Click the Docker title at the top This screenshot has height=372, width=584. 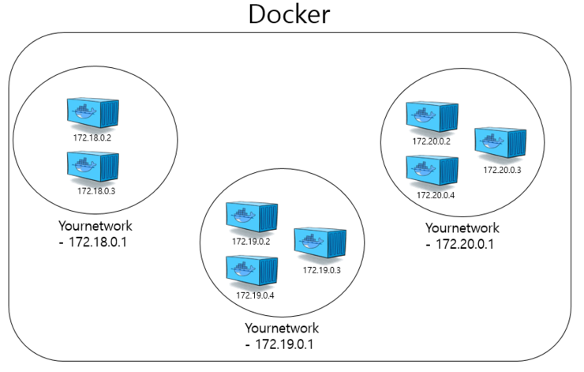tap(289, 15)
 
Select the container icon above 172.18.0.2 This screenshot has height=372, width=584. tap(92, 114)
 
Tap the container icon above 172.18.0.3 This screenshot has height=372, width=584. tap(92, 166)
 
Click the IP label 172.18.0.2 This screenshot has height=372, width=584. tap(92, 137)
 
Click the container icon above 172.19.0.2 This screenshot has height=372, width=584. tap(252, 218)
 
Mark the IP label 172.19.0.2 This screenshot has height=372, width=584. tap(251, 242)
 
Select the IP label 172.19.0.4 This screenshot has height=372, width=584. tap(254, 295)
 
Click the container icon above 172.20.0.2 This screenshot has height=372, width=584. tap(432, 117)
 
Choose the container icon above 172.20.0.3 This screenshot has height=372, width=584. tap(500, 143)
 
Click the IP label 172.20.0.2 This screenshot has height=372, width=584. tap(431, 141)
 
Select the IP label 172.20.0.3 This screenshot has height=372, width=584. tap(502, 169)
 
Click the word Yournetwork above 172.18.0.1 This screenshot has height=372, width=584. tap(95, 224)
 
